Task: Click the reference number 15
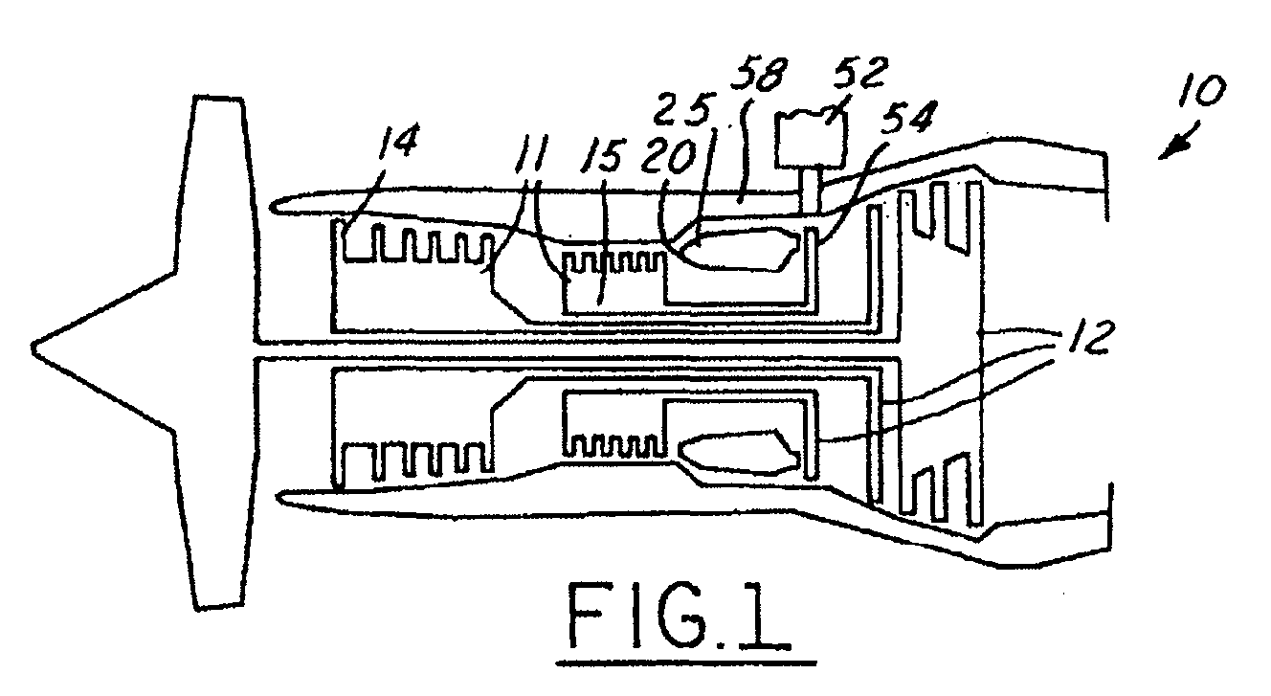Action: [x=601, y=154]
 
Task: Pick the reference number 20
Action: [x=667, y=156]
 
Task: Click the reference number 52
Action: [x=860, y=73]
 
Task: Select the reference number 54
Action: [x=908, y=118]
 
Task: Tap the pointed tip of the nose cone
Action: [x=32, y=346]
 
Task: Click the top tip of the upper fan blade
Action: [x=218, y=98]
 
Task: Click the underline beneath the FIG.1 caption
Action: [x=686, y=662]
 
